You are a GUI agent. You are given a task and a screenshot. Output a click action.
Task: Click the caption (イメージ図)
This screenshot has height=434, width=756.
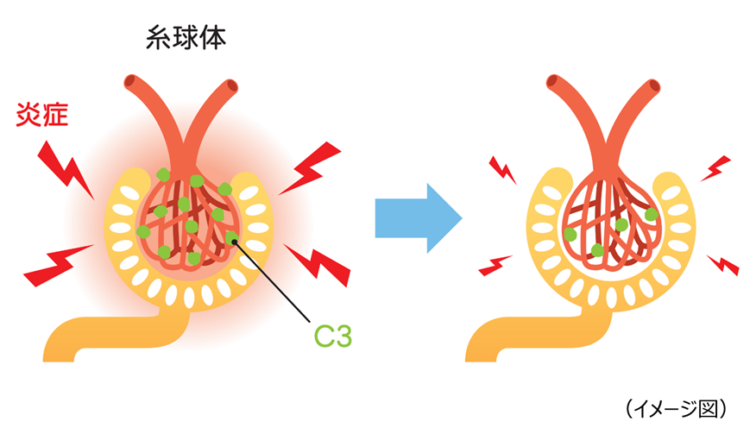pyautogui.click(x=677, y=406)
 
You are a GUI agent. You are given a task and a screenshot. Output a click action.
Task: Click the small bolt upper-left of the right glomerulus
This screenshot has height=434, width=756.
pyautogui.click(x=502, y=170)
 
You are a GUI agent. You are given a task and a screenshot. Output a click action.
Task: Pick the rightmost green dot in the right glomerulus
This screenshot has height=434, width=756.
pyautogui.click(x=652, y=213)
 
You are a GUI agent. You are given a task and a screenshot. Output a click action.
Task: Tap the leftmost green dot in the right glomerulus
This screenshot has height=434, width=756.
pyautogui.click(x=570, y=234)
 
